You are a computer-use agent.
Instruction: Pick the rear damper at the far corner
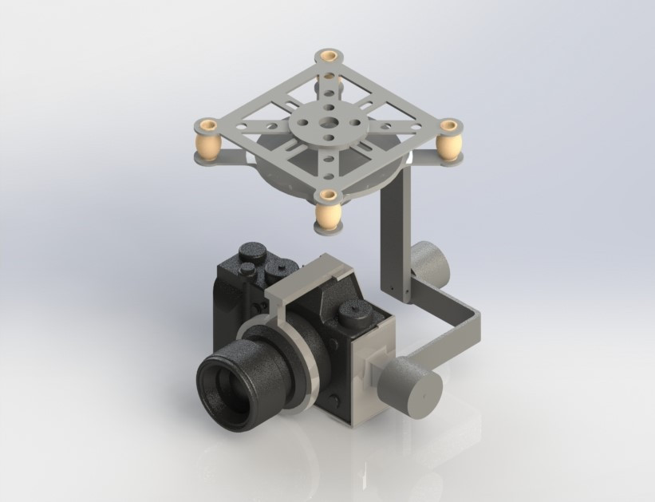329,80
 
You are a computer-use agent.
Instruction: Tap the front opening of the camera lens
225,391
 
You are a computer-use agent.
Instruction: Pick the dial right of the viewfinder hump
352,313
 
